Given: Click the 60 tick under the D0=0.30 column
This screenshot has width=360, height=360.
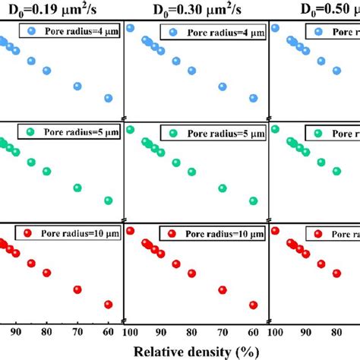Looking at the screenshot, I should click(x=253, y=331).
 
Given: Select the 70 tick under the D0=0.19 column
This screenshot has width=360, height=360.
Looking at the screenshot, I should click(x=77, y=331).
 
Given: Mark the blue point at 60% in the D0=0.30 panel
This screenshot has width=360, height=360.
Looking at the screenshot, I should click(x=253, y=97).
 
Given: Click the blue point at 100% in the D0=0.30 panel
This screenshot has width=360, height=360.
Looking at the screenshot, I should click(x=130, y=28).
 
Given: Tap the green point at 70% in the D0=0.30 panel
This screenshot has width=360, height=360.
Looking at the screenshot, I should click(x=223, y=188).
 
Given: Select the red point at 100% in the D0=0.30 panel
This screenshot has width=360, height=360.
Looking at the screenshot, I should click(x=130, y=231).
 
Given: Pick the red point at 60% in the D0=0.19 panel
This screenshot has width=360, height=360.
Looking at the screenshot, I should click(x=108, y=305).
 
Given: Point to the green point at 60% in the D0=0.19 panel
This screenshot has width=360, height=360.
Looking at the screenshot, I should click(x=108, y=201).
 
